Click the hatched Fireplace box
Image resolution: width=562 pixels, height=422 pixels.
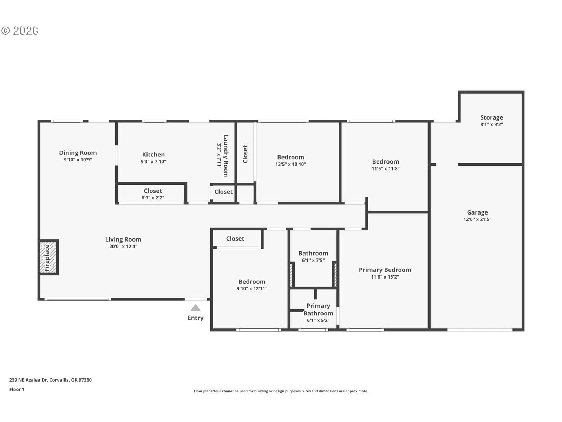tap(48, 257)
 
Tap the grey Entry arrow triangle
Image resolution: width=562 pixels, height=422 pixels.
tap(195, 307)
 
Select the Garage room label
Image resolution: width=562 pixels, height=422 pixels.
tap(477, 212)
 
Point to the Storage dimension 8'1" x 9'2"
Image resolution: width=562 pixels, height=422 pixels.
tap(491, 124)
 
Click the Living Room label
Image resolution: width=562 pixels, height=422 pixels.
tap(123, 239)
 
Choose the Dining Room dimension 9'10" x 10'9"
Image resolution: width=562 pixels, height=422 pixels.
tap(78, 160)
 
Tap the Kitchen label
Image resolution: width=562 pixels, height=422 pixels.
tap(153, 154)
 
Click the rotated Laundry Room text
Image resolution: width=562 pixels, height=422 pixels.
tap(226, 156)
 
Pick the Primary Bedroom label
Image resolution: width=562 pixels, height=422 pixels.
tap(385, 270)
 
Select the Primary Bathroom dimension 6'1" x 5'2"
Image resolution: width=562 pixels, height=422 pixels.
tap(318, 320)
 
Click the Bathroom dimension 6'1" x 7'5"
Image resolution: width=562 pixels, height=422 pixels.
tap(313, 260)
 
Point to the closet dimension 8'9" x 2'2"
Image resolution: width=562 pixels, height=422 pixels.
tap(152, 198)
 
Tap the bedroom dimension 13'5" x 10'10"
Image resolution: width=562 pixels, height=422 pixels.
tap(290, 164)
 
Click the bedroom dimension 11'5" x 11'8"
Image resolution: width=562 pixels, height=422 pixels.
tap(386, 168)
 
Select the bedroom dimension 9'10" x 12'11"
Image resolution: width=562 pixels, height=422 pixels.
tap(252, 288)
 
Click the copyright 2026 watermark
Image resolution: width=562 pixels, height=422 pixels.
tap(20, 31)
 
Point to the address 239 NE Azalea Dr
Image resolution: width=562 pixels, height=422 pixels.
tap(28, 380)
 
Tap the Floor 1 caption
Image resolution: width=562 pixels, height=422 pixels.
tap(17, 389)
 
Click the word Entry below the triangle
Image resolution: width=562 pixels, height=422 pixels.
tap(195, 318)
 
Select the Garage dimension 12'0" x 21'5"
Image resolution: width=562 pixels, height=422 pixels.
tap(477, 219)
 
